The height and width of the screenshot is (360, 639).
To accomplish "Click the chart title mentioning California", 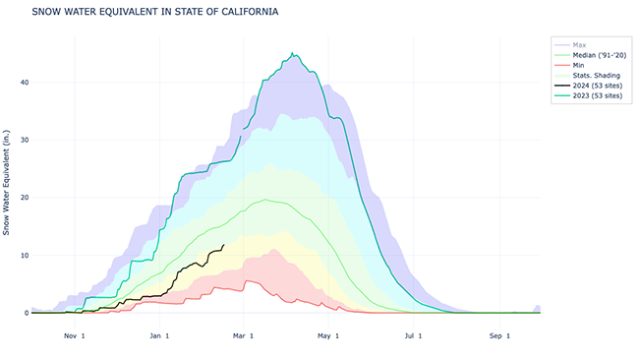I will click(154, 13).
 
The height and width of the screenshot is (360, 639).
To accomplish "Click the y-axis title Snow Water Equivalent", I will click(8, 181).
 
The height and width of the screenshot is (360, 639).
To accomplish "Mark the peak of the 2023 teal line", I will click(292, 53).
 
